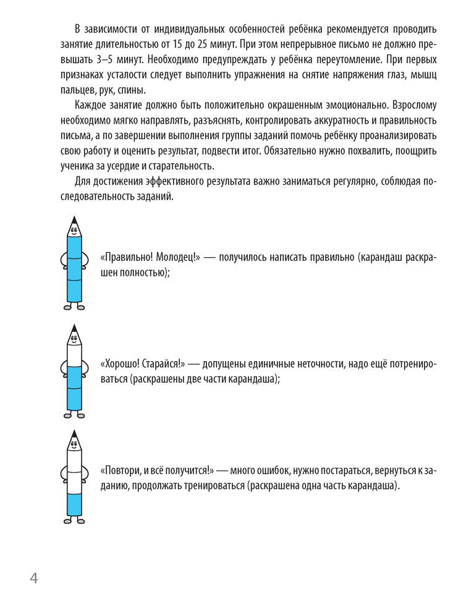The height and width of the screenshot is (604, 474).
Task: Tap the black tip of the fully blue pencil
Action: coord(74,220)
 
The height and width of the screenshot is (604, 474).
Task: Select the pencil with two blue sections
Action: coord(74,370)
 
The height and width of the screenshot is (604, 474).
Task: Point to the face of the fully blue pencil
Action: coord(74,232)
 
